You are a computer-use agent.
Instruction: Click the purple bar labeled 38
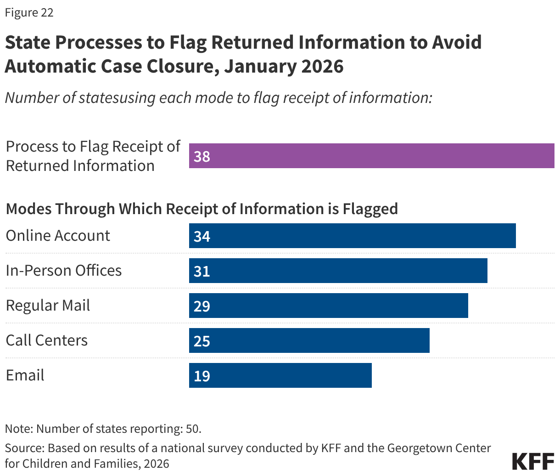coord(371,156)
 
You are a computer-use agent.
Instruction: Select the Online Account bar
coord(352,236)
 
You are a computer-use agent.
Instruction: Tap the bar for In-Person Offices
coord(338,271)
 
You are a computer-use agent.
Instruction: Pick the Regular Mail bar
coord(328,306)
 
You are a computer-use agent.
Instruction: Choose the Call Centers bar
coord(309,340)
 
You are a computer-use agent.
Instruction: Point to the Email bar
coord(280,375)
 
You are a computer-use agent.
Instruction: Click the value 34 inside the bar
coord(202,236)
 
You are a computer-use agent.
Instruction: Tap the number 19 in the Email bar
coord(202,376)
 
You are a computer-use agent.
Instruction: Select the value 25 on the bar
coord(202,341)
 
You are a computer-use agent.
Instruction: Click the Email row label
coord(25,375)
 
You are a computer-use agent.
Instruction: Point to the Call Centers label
coord(47,340)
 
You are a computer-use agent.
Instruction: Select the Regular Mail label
coord(48,306)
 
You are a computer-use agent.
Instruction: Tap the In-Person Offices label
coord(64,270)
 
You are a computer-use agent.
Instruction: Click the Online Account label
coord(58,235)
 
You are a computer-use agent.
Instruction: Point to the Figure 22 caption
coord(29,12)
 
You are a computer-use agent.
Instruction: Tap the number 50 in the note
coord(192,429)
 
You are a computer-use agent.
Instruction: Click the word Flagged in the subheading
coord(370,209)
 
